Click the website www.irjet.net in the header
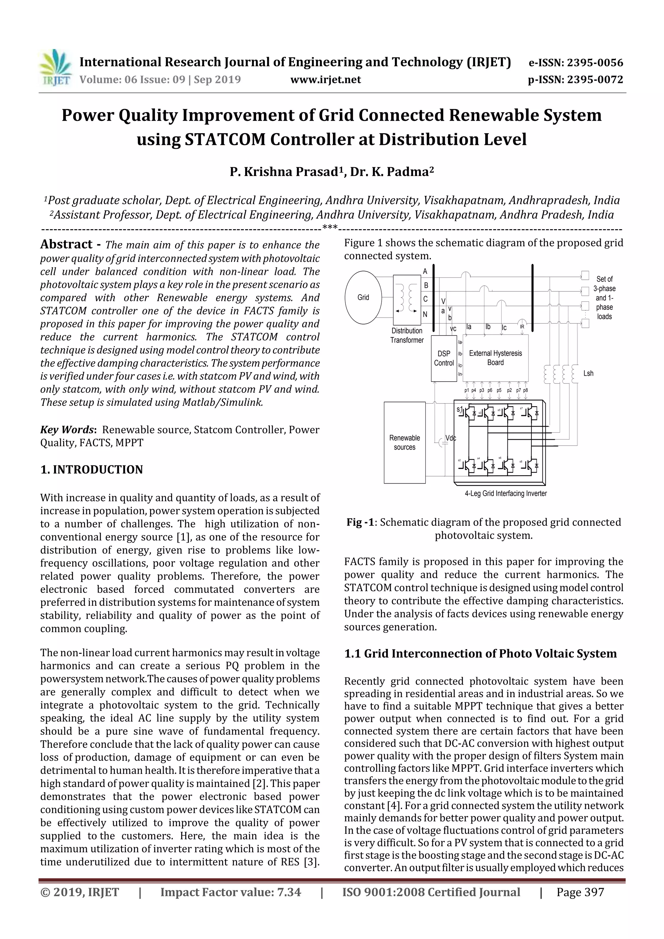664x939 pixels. point(326,79)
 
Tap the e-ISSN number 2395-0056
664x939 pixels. point(594,63)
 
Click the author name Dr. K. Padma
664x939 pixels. point(392,172)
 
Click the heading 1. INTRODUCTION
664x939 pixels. point(92,469)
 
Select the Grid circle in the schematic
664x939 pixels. point(363,297)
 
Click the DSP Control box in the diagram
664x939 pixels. point(444,358)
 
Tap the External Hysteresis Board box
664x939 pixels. point(495,358)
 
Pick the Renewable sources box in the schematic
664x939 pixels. point(404,442)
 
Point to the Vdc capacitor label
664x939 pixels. point(450,438)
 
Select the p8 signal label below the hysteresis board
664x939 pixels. point(526,391)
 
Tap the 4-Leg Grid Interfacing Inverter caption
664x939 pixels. point(506,494)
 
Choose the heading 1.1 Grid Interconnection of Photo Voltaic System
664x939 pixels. point(480,653)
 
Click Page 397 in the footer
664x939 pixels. point(580,892)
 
